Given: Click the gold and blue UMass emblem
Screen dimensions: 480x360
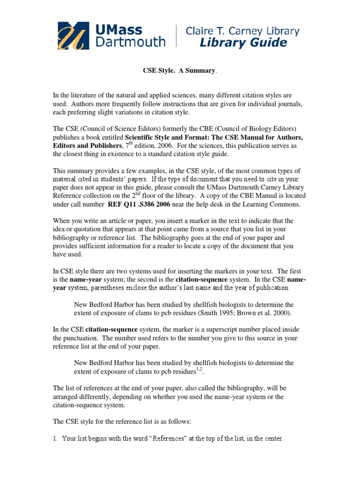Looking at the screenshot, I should (73, 36).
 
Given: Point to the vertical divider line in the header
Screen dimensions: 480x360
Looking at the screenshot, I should (176, 36).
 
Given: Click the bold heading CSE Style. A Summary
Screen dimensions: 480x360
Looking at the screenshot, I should (180, 70).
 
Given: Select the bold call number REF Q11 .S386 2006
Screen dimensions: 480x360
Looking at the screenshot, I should (140, 204).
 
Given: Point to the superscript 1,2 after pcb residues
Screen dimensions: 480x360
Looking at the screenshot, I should (199, 369).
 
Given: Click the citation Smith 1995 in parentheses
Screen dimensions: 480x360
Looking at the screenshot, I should (221, 312).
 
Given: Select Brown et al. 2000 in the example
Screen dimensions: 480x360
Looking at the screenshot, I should (269, 312).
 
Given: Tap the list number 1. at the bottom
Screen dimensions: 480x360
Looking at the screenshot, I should (55, 439).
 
